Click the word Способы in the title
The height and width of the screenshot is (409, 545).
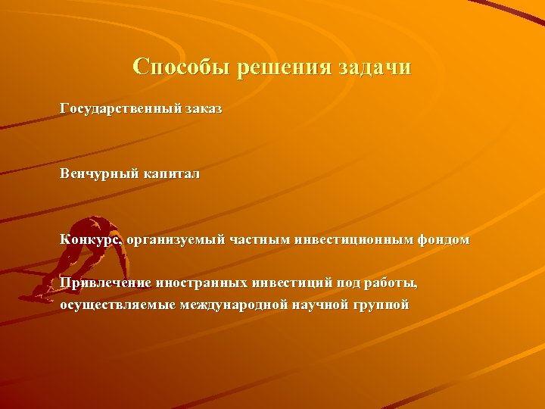pyautogui.click(x=181, y=67)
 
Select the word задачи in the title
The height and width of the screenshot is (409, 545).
pyautogui.click(x=376, y=67)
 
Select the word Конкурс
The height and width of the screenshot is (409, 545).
pyautogui.click(x=91, y=240)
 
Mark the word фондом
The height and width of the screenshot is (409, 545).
pyautogui.click(x=442, y=240)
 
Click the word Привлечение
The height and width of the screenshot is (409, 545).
pyautogui.click(x=106, y=283)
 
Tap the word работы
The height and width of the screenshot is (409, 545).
pyautogui.click(x=390, y=283)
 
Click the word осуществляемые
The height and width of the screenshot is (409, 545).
pyautogui.click(x=118, y=305)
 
